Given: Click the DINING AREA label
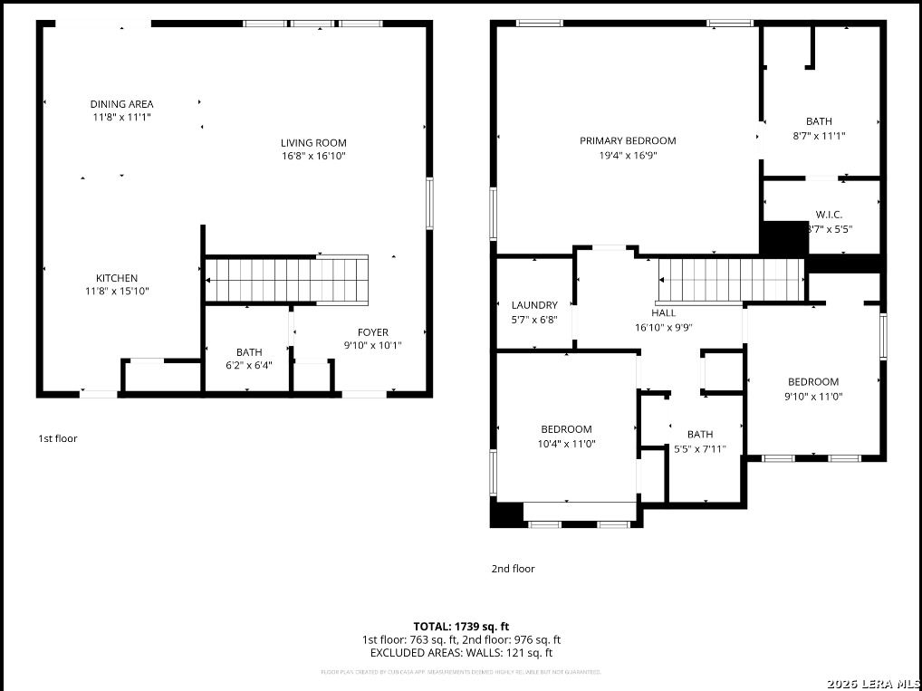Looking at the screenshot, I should tap(121, 104).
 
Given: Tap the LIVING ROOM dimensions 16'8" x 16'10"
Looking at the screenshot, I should tap(313, 156).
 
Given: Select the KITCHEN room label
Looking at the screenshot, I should tap(117, 278).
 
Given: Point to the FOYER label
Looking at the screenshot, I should tap(372, 332).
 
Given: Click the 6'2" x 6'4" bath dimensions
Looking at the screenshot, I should tap(249, 365).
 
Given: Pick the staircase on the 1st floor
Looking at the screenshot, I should tap(287, 279).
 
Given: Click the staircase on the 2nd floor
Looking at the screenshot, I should tap(731, 279).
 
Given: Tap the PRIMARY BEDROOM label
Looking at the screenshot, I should tap(628, 140).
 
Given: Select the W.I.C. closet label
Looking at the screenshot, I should tap(829, 215).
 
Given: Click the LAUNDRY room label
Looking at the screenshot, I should tap(534, 305).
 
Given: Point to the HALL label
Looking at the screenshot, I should tap(663, 313).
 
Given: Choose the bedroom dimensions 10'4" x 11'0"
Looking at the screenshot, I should tap(566, 444).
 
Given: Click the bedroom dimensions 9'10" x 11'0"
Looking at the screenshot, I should tap(812, 396).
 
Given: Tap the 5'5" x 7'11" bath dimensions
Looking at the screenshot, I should tap(699, 448).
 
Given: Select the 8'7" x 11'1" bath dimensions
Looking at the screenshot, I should tap(819, 136).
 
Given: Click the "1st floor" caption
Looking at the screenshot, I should tap(58, 438).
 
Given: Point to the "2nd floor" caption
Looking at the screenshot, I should tap(513, 569).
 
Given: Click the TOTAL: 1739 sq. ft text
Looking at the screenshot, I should tap(461, 626).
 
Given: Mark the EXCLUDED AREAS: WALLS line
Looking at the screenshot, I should tap(461, 652).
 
